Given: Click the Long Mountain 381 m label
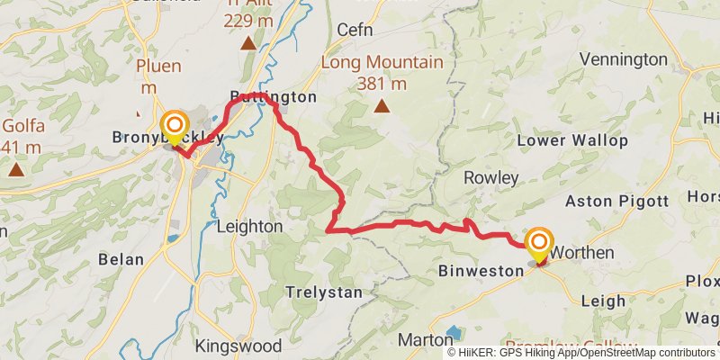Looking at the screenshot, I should pos(382,73).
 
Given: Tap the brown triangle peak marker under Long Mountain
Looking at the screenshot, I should pos(382,107).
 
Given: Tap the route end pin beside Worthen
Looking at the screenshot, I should pos(539,243).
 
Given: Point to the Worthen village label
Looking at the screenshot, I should pos(581,253).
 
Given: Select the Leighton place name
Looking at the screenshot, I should pos(250,227).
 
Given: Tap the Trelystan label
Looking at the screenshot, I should pos(323,292).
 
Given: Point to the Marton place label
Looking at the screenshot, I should pos(426,340).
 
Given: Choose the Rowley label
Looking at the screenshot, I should pos(491,178).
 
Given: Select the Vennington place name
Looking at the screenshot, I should pos(624,59).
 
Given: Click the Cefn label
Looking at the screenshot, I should pos(354,30).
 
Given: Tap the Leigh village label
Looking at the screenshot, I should pos(603,301).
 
